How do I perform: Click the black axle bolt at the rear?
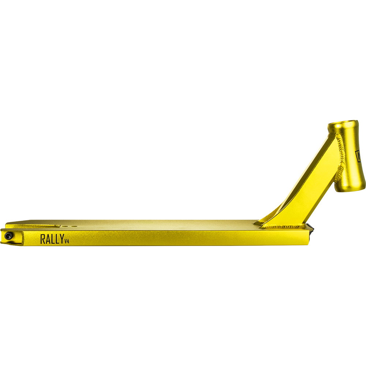(x=9, y=236)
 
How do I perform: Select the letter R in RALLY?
(x=42, y=239)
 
